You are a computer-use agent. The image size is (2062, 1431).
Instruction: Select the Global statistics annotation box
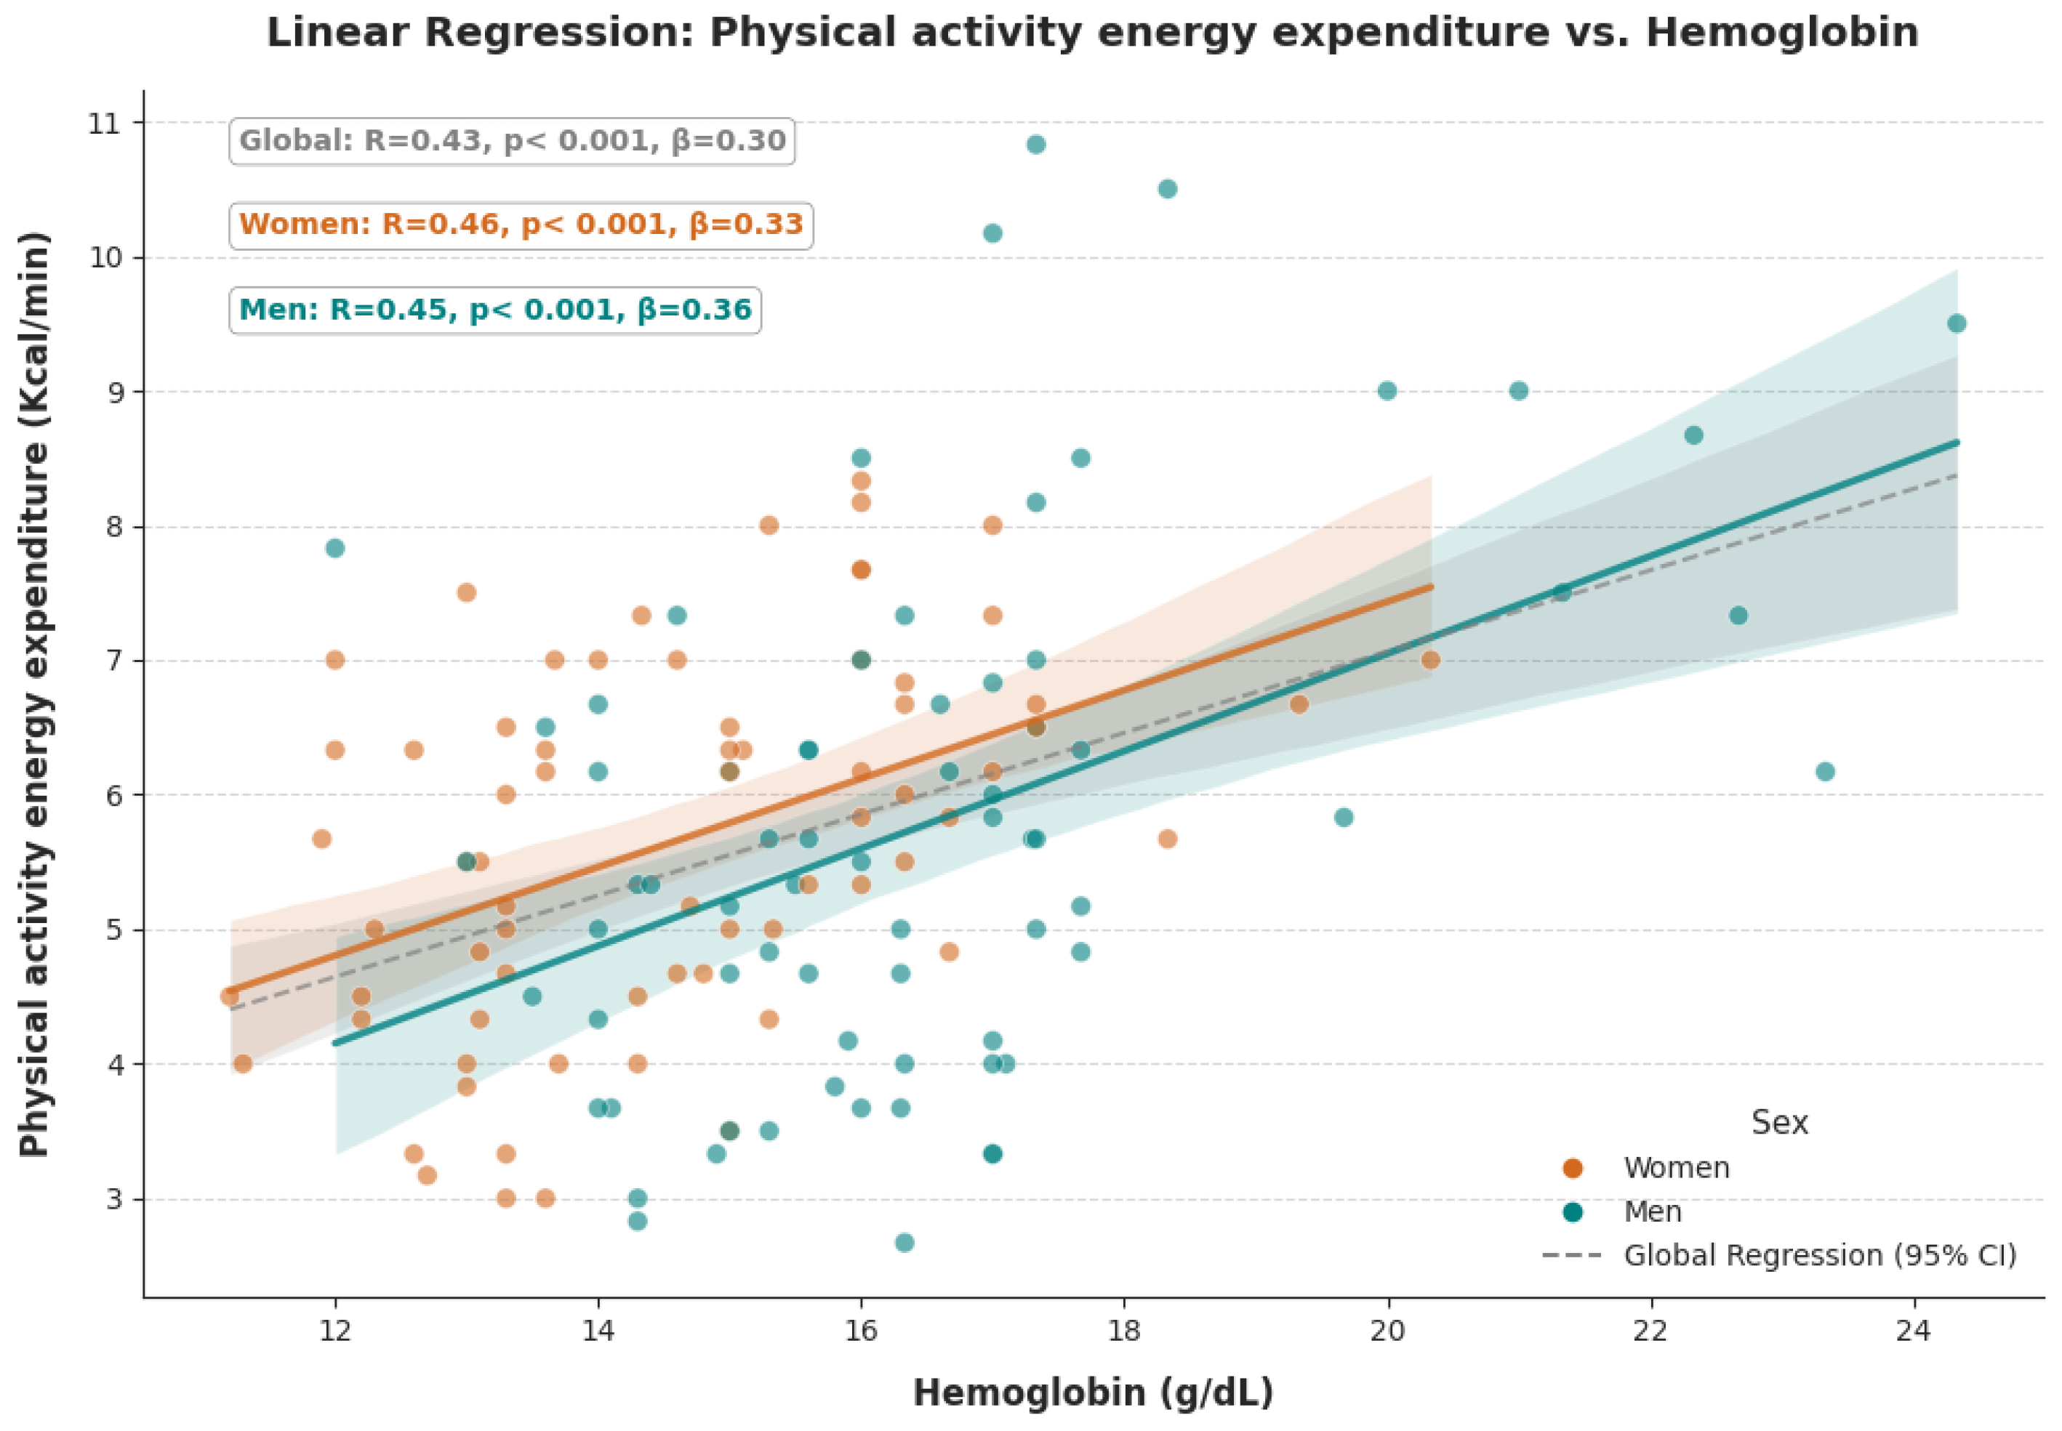tap(511, 141)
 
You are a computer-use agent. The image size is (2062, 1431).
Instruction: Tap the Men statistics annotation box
tap(495, 310)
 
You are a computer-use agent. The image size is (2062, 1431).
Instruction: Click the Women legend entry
tap(1646, 1167)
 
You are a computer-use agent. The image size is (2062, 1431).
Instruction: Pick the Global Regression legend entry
tap(1779, 1255)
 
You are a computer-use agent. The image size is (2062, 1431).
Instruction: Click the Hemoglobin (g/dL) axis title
tap(1093, 1392)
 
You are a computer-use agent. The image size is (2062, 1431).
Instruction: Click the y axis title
tap(34, 694)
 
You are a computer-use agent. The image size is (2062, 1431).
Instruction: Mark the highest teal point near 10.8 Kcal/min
tap(1035, 145)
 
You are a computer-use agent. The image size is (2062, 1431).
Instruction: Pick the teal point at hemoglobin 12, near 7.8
tap(334, 548)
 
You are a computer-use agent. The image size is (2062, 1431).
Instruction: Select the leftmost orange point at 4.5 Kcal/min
tap(230, 996)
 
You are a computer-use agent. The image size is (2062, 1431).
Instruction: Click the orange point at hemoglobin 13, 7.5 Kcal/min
tap(466, 592)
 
